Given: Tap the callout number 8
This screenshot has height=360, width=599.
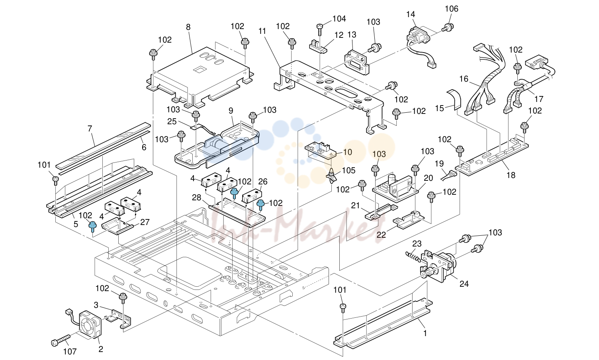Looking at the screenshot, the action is pos(188,27).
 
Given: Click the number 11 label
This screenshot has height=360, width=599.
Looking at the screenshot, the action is pos(262,31).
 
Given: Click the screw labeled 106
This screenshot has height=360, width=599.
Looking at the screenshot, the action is pos(448,27).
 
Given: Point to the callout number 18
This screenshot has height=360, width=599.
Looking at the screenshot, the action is pos(511,175).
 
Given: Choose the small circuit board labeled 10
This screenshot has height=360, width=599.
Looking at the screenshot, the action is pos(321,151).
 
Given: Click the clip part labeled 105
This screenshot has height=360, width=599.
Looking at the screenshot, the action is pos(331,176).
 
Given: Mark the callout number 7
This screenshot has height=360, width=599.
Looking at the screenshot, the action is pos(90,129).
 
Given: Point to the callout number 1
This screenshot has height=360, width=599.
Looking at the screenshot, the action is pos(425,333).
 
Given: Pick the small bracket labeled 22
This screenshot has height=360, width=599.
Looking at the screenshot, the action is pos(408,220).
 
